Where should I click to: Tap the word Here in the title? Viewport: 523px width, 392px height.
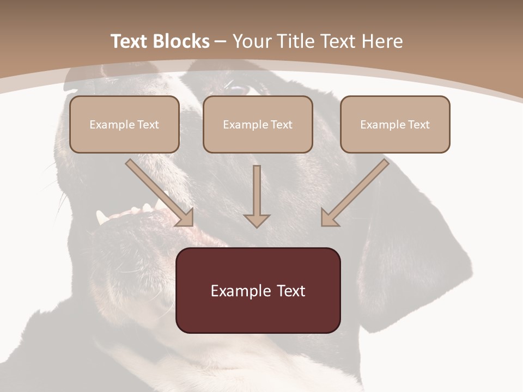click(382, 41)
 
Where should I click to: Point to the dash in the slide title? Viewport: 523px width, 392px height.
click(221, 42)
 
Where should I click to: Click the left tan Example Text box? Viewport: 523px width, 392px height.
click(124, 124)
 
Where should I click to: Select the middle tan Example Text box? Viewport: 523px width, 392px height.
click(258, 124)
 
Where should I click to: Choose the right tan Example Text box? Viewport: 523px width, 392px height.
click(395, 124)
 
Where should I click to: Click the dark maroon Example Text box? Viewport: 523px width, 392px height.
click(258, 290)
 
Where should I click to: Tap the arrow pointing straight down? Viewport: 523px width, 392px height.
click(257, 196)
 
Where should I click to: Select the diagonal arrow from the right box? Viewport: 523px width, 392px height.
click(355, 192)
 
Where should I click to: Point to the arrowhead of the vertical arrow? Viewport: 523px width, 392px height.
click(257, 220)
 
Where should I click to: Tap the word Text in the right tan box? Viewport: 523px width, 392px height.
click(419, 125)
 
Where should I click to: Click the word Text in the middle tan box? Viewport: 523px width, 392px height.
click(281, 125)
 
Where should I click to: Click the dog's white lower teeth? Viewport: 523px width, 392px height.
click(133, 211)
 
